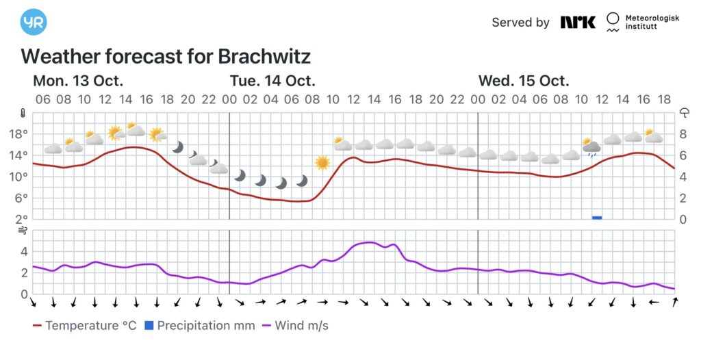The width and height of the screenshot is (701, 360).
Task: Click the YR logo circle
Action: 34,22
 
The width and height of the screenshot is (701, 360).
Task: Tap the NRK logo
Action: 578,22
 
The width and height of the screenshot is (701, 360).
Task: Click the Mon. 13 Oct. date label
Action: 78,81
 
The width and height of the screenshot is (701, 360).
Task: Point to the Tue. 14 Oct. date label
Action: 272,81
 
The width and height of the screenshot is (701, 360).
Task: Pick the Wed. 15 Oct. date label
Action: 524,81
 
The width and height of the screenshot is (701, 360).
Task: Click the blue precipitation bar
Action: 597,217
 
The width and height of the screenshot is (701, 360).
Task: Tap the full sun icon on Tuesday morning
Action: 322,163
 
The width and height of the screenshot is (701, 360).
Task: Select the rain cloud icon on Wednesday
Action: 591,146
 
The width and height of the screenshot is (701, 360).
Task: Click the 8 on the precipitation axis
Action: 683,133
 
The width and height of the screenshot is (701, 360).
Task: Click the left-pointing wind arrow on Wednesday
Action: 654,302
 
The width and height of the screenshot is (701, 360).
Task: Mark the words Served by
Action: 520,23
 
